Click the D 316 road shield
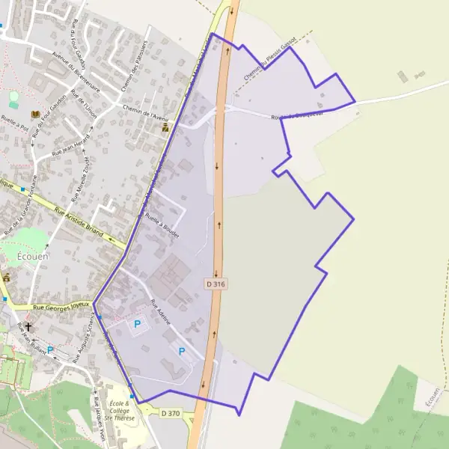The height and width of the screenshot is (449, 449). pyautogui.click(x=215, y=284)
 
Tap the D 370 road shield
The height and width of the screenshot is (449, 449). pyautogui.click(x=171, y=412)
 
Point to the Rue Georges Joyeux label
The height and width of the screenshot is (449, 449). pyautogui.click(x=61, y=306)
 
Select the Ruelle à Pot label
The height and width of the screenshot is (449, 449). pyautogui.click(x=14, y=123)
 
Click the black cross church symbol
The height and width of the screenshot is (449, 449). pyautogui.click(x=29, y=327)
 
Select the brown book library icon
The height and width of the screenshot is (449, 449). pyautogui.click(x=34, y=114)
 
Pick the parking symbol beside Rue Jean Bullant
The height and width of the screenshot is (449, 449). pyautogui.click(x=50, y=349)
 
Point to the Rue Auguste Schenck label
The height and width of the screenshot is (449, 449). pyautogui.click(x=84, y=338)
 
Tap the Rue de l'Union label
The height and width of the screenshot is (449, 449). pyautogui.click(x=84, y=105)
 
